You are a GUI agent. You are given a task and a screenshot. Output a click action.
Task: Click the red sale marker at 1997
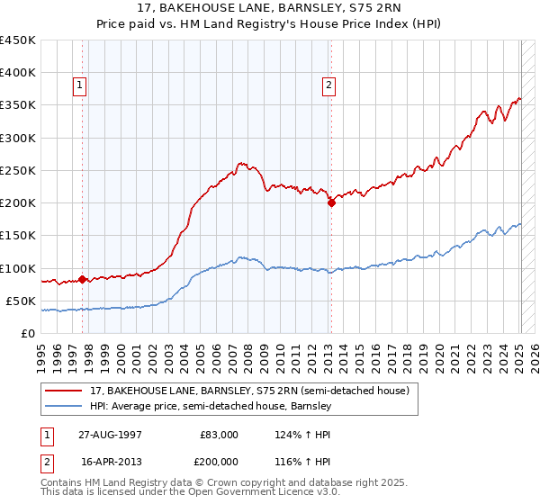pyautogui.click(x=82, y=279)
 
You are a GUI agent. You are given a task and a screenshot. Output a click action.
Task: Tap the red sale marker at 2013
pyautogui.click(x=331, y=202)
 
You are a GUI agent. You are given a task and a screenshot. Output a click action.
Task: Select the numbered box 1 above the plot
pyautogui.click(x=80, y=85)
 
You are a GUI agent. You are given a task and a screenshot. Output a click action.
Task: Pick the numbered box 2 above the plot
pyautogui.click(x=328, y=85)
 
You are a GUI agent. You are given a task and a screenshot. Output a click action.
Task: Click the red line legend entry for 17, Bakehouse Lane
pyautogui.click(x=249, y=391)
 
